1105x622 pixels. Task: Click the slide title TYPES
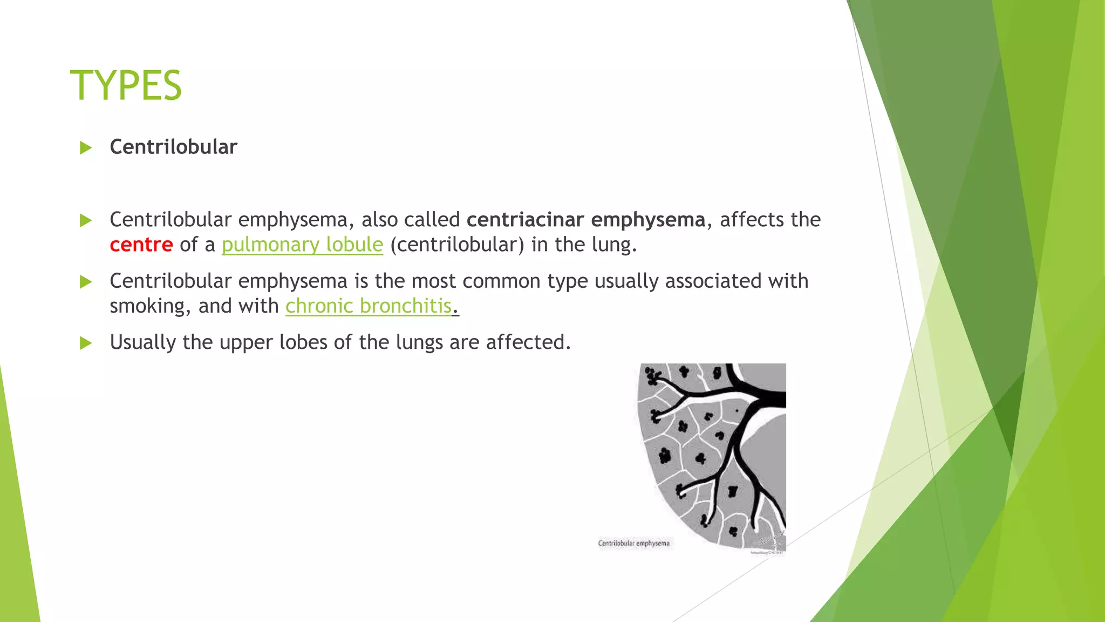126,85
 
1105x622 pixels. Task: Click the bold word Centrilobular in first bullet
173,147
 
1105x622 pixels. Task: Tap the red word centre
141,245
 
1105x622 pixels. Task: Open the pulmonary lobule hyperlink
302,245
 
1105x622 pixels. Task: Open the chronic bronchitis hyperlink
368,306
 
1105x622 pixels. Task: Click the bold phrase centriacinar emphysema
585,220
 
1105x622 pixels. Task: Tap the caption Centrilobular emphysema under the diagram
633,543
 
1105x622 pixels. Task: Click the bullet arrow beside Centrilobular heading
86,147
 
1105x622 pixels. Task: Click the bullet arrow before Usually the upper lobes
86,343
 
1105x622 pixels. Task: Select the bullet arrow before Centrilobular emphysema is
86,281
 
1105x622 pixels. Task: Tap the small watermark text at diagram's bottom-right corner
767,552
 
